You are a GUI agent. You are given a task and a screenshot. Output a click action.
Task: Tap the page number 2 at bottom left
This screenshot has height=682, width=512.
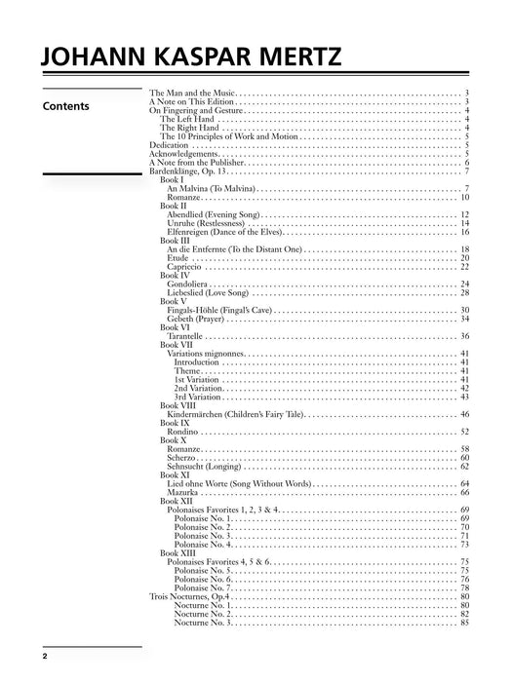click(x=45, y=658)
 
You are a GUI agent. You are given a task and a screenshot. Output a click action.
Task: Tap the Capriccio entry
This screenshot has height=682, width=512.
click(x=183, y=267)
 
